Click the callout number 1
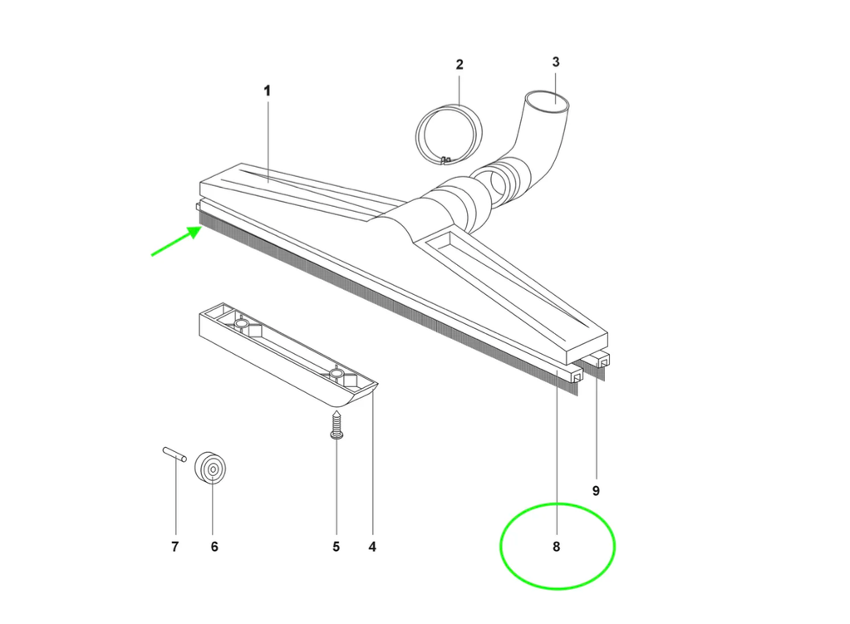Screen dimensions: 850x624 (x=267, y=91)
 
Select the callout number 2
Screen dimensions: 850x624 (x=459, y=65)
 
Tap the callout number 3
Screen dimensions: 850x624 (x=556, y=61)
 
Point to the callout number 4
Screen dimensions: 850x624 (x=372, y=547)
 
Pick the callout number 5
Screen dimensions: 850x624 (x=337, y=547)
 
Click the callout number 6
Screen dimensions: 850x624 (x=214, y=547)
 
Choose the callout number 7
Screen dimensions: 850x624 (x=175, y=547)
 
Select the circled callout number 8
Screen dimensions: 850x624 (x=556, y=547)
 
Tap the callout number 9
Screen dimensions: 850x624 (x=596, y=491)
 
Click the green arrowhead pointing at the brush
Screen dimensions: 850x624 (x=194, y=233)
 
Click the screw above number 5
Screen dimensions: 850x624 (x=337, y=425)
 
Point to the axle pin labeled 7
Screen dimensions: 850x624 (x=174, y=454)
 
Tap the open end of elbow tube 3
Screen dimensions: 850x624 (x=548, y=102)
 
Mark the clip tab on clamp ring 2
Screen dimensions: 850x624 (x=447, y=160)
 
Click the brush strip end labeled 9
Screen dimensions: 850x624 (x=601, y=364)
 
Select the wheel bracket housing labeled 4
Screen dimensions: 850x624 (x=287, y=355)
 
